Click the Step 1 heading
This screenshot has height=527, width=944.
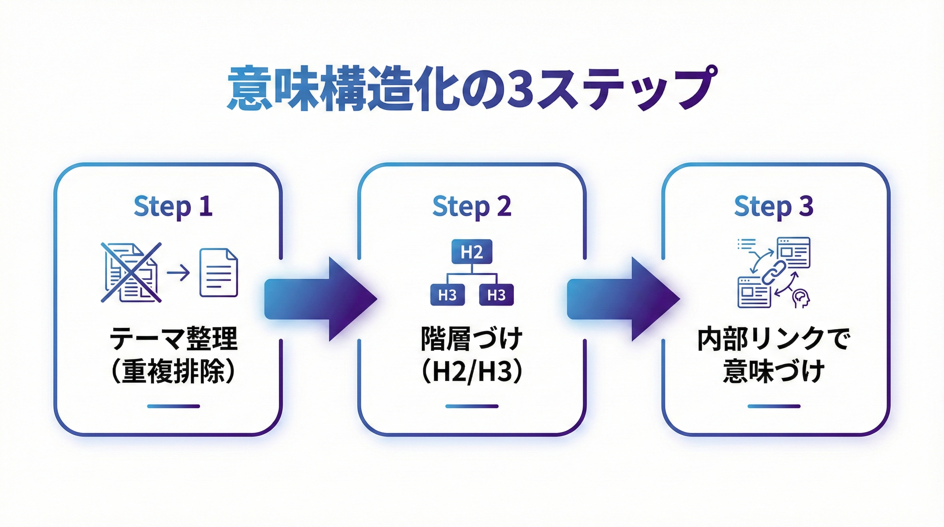click(173, 206)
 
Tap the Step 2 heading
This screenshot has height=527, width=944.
click(472, 206)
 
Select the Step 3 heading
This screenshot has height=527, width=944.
click(774, 206)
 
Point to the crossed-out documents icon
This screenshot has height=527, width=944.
click(131, 272)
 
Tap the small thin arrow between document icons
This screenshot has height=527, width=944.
click(178, 273)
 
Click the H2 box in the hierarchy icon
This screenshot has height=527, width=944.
click(472, 252)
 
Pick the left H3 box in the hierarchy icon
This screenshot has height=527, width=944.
click(447, 295)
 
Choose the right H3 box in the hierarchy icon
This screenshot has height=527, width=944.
click(496, 295)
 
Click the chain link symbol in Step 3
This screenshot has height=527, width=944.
click(773, 272)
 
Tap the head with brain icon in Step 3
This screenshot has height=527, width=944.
click(800, 299)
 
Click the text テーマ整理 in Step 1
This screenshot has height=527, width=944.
click(173, 339)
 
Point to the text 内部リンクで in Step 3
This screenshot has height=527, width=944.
click(774, 339)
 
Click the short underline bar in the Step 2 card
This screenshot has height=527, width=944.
click(472, 406)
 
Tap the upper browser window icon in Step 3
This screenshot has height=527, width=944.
click(794, 253)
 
